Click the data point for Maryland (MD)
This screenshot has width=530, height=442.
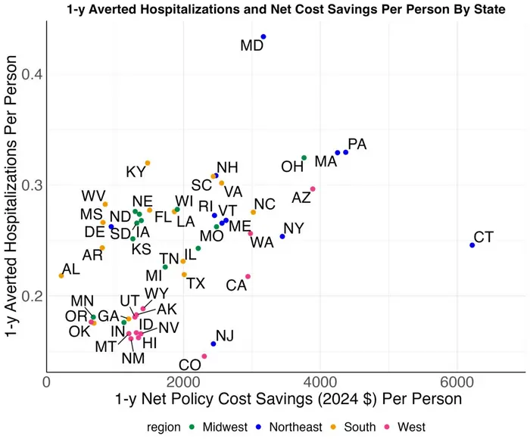pos(263,36)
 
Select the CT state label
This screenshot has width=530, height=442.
pos(483,238)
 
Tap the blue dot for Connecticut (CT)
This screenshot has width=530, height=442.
pos(472,245)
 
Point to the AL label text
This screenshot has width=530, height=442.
pos(70,269)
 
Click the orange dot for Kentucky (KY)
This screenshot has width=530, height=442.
pos(148,163)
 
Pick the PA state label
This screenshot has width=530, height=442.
pos(357,145)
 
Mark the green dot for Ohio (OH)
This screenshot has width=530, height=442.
pos(304,158)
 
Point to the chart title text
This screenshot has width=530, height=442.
pos(265,8)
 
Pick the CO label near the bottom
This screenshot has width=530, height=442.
pos(189,366)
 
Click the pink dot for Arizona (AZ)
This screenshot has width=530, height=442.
pos(313,189)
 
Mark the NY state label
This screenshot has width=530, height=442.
pos(293,229)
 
